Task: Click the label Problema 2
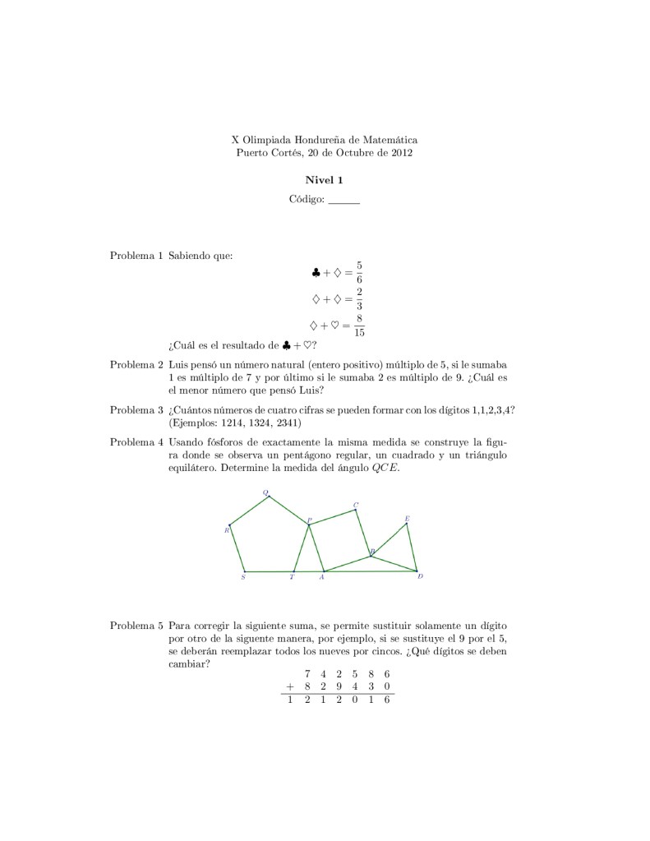137,363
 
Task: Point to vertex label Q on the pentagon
265,492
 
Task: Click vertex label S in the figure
243,578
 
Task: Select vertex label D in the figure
420,577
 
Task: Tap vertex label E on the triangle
407,518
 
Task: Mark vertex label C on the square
356,504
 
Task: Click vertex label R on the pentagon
226,530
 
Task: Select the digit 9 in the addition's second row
339,686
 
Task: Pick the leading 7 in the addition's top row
307,672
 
